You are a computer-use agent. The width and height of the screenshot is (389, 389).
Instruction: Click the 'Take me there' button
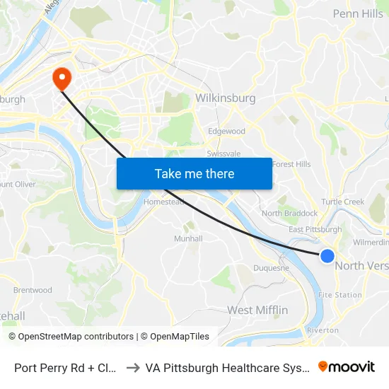[194, 174]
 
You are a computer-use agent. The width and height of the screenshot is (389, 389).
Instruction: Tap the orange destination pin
[62, 78]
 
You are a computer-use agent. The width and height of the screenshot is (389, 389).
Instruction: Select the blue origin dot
[327, 256]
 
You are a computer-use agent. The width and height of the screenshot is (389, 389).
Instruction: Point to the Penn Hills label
[357, 13]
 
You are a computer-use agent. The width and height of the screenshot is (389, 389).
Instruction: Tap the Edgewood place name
[226, 132]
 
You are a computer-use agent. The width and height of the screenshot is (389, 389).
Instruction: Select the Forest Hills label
[291, 164]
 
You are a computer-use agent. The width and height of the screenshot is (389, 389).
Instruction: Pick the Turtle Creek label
[343, 202]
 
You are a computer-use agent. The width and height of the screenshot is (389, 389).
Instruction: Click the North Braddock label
[290, 213]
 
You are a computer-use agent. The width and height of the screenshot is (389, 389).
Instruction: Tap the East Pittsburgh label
[315, 229]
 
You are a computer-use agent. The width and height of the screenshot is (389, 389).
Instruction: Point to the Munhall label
[188, 238]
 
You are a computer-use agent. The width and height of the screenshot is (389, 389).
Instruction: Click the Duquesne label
[272, 268]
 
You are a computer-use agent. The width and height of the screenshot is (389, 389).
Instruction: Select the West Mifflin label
[257, 310]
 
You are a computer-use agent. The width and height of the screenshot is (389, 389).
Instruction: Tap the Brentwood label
[33, 290]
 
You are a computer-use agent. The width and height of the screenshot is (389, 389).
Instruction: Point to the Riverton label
[323, 330]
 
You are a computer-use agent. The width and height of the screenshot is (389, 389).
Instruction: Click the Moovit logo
[347, 367]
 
